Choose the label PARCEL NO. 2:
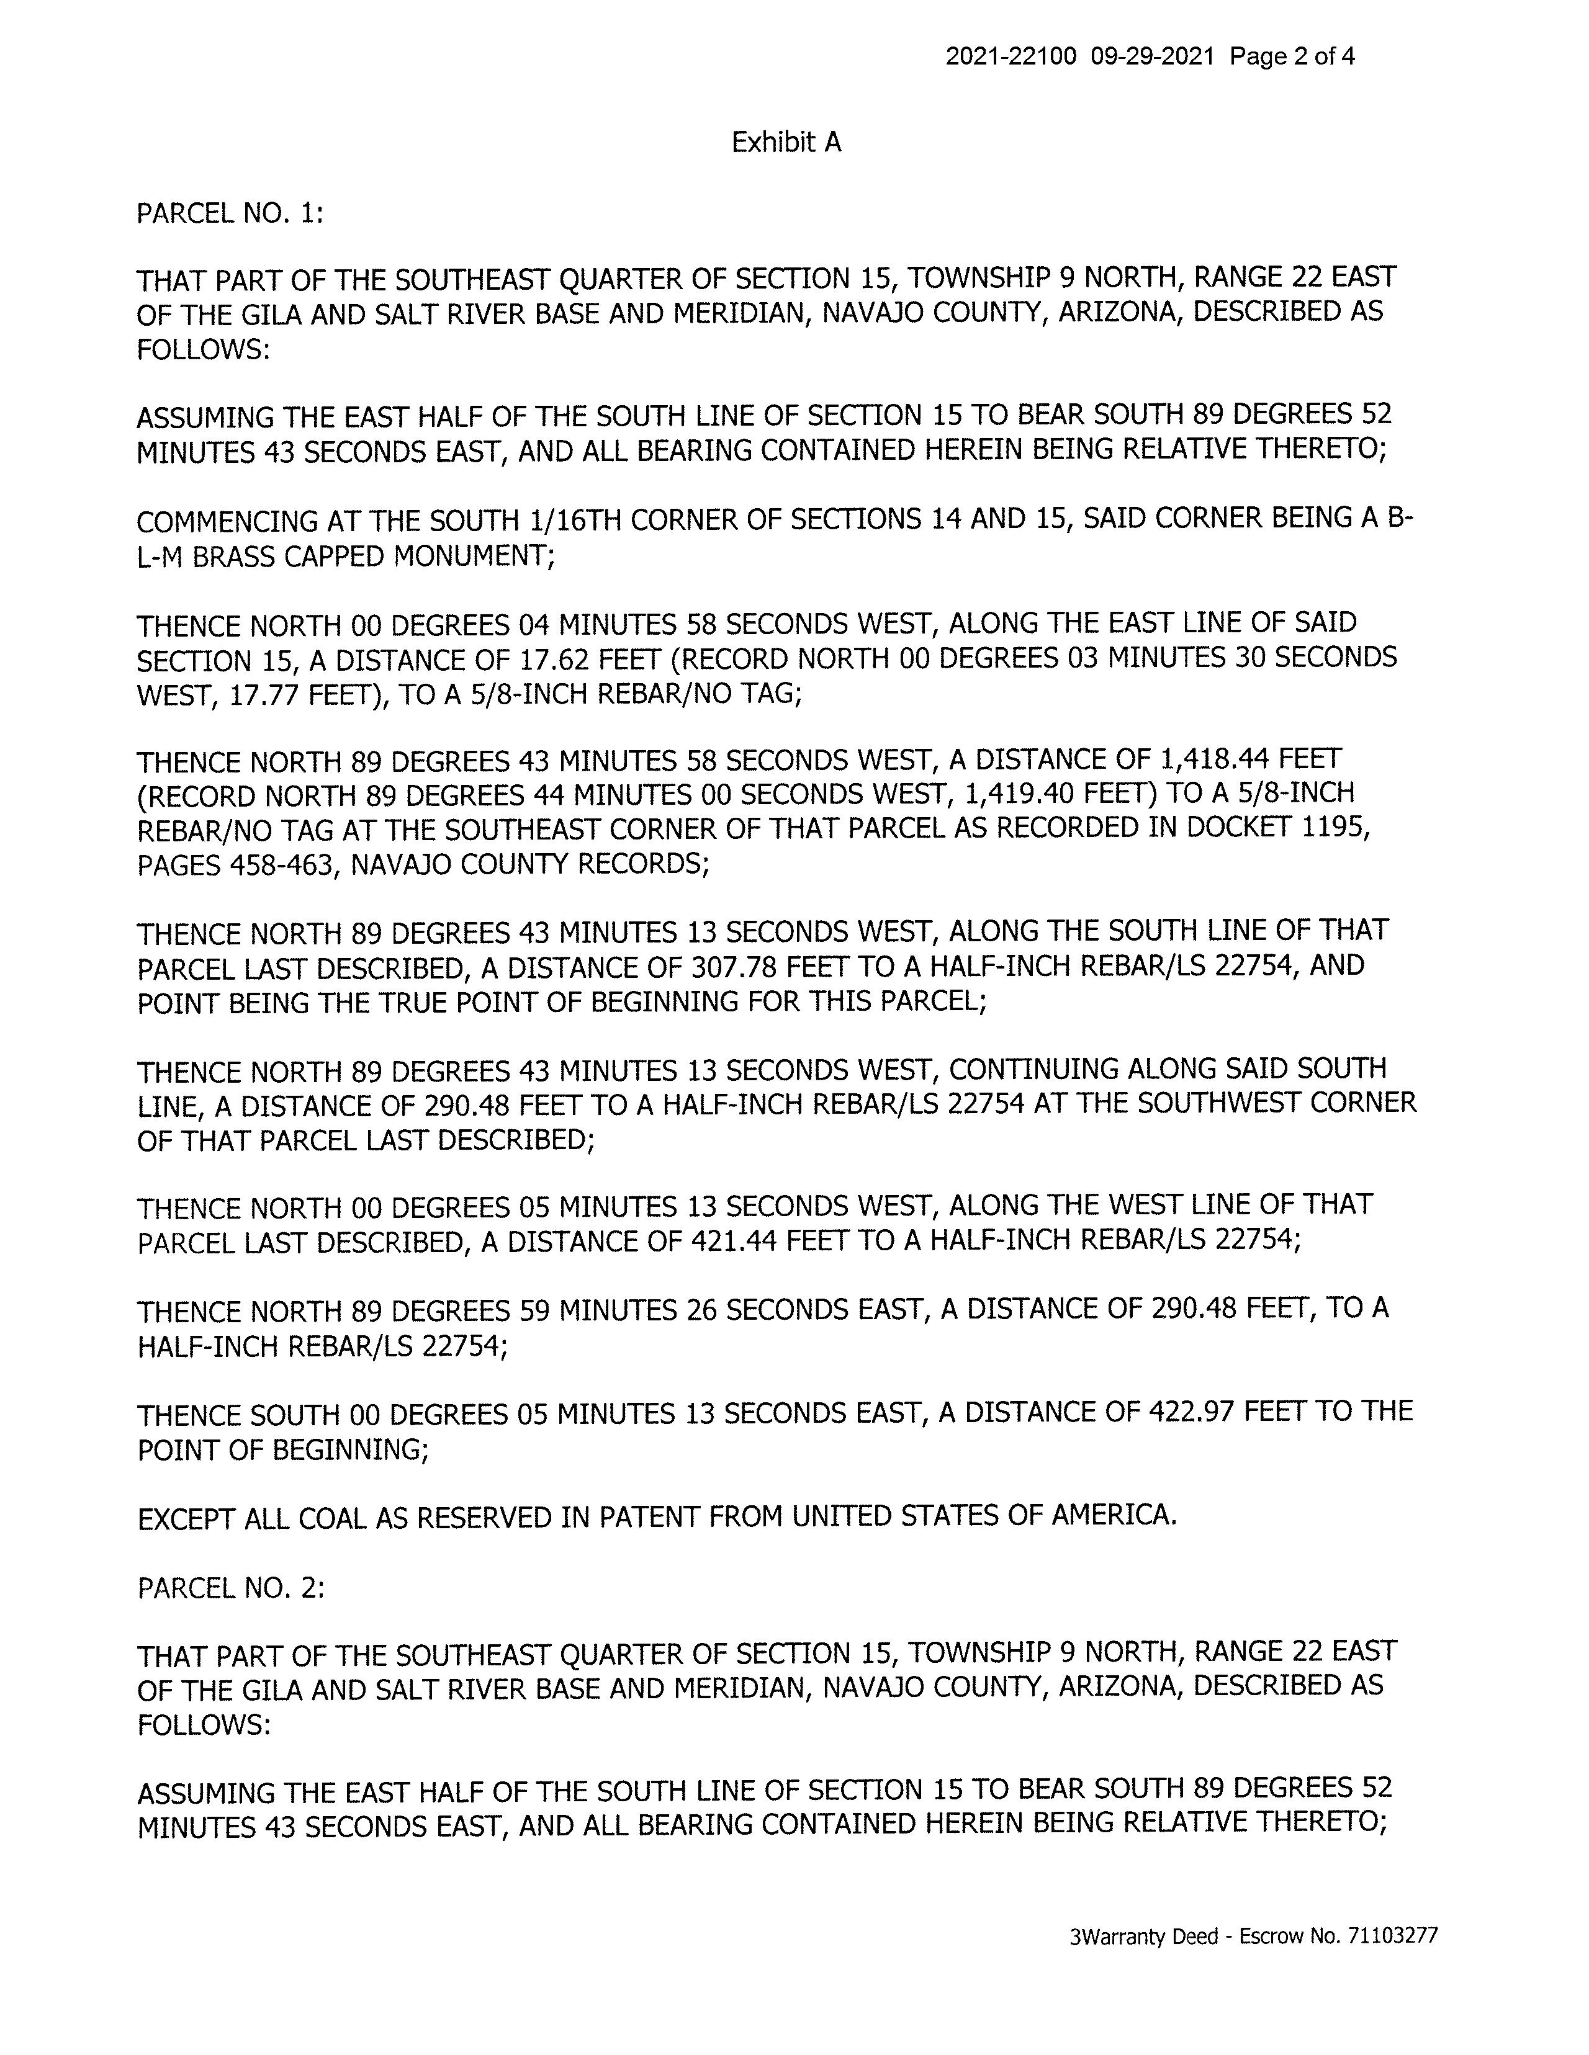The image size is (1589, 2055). (231, 1588)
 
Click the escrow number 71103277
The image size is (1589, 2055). (1392, 1935)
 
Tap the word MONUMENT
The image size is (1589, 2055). (470, 557)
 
